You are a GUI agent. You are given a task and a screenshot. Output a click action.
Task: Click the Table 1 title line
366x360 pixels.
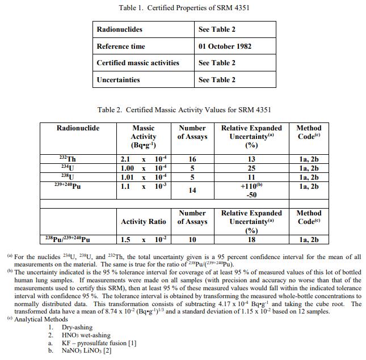tap(184, 8)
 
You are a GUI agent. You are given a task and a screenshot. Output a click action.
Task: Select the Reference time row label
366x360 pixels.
tap(120, 46)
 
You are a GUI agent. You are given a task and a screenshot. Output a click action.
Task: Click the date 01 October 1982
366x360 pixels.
tap(225, 46)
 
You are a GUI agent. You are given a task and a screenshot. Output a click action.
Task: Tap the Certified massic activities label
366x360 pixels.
tap(137, 63)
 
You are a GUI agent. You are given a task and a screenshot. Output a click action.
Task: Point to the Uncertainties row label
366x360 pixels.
tap(118, 79)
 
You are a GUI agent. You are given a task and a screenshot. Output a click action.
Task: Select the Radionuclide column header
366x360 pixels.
tap(78, 128)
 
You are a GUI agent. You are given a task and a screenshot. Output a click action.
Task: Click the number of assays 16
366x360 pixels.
tap(192, 160)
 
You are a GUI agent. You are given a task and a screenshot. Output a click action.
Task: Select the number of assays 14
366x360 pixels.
tap(192, 190)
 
